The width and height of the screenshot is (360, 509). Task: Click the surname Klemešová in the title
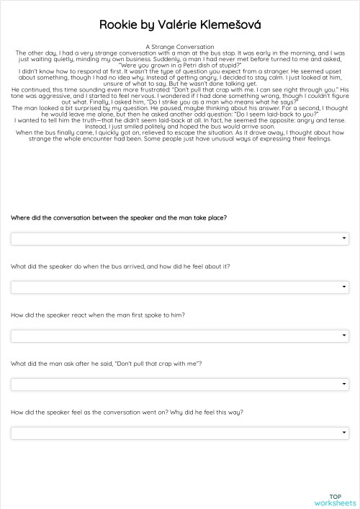(230, 25)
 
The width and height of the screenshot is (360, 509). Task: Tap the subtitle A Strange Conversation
(180, 46)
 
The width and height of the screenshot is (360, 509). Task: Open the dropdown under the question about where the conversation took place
(179, 238)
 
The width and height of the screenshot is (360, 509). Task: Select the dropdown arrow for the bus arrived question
(344, 287)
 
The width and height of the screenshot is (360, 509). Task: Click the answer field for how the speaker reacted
(179, 335)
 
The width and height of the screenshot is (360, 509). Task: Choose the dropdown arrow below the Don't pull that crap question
(344, 384)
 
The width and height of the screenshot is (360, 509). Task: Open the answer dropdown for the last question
(179, 433)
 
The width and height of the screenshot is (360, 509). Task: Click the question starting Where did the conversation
(119, 217)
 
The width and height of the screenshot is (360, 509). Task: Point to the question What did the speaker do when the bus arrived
(120, 266)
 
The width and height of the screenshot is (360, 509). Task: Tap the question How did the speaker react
(98, 315)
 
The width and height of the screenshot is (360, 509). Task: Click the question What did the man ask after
(106, 364)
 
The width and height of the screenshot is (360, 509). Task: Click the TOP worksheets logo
(335, 500)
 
